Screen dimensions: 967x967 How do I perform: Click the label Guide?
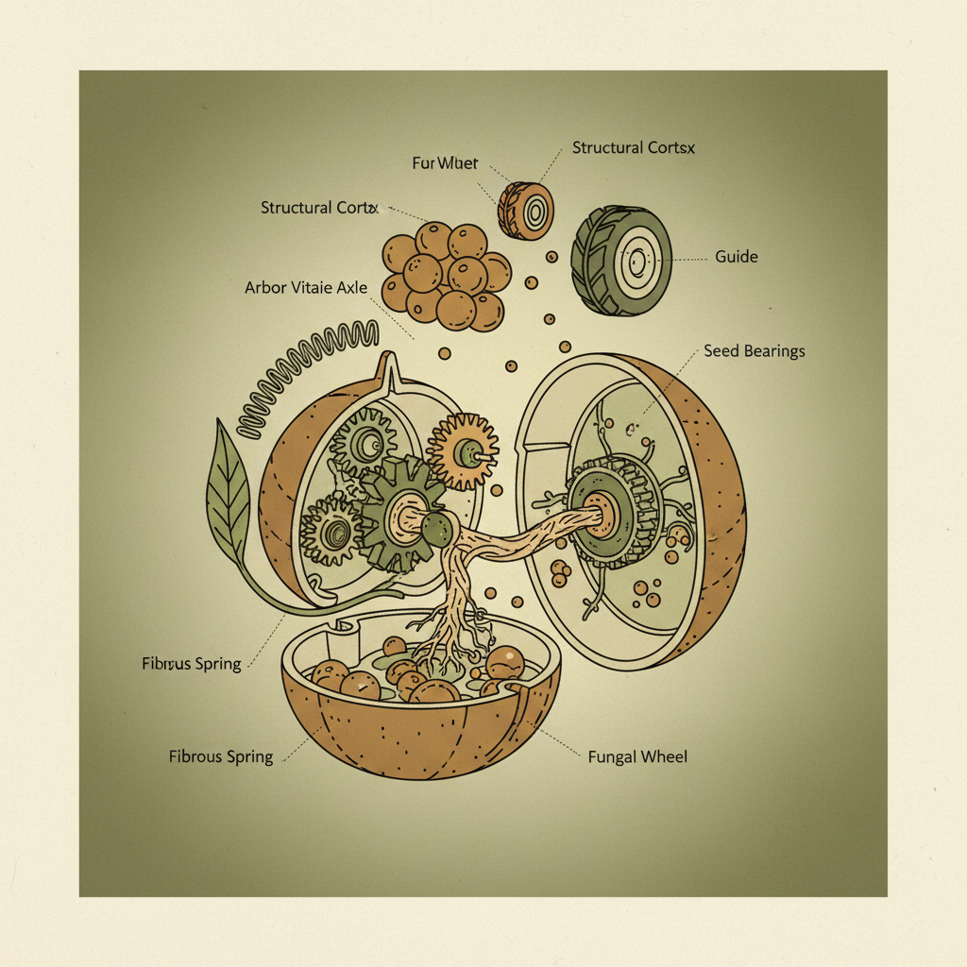[x=737, y=256]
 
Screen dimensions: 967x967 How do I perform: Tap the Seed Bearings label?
[x=755, y=351]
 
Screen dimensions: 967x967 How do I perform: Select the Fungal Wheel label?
[x=637, y=756]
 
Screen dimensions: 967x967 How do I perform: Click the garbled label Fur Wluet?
[x=446, y=163]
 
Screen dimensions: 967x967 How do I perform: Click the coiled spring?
[x=302, y=378]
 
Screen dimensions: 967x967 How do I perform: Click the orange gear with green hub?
[x=463, y=451]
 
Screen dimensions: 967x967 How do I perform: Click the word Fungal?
[x=611, y=756]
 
